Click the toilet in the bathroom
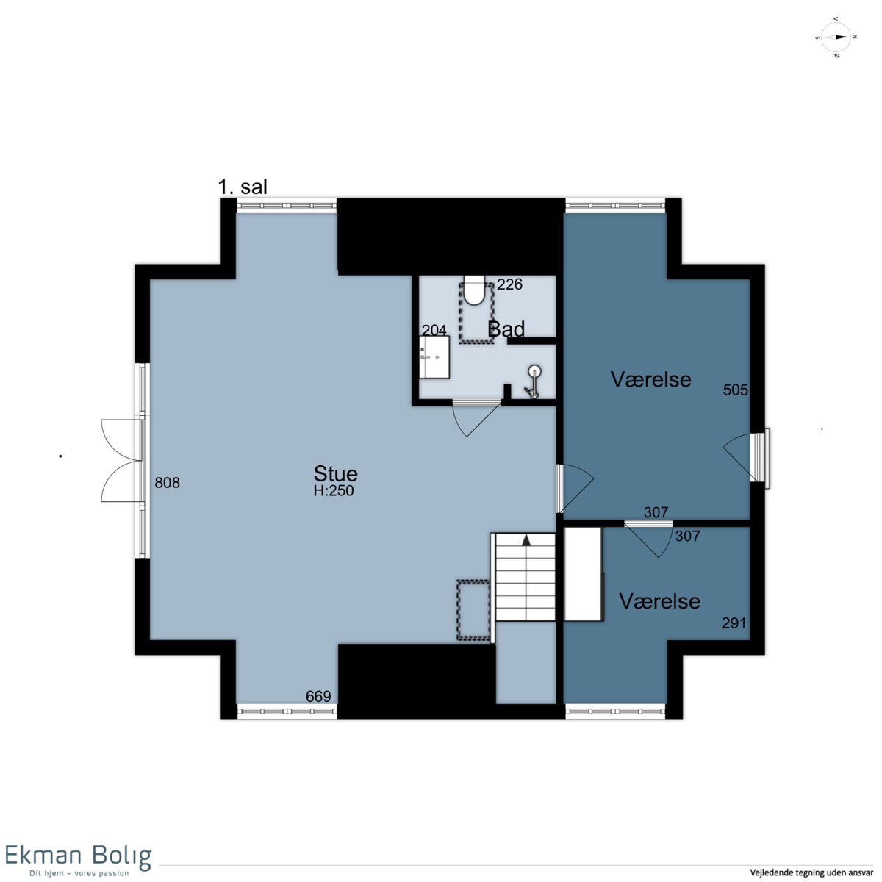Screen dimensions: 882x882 pos(474,290)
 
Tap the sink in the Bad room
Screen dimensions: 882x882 pos(434,357)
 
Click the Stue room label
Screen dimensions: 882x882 pos(335,473)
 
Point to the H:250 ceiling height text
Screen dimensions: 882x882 pos(334,491)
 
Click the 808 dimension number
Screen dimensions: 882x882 pos(167,482)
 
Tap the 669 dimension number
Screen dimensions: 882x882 pos(318,696)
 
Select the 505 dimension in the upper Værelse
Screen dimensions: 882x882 pos(735,390)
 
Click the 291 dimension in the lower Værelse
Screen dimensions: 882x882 pos(734,623)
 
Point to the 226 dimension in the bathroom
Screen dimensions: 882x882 pos(509,284)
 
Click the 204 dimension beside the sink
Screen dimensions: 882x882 pos(434,330)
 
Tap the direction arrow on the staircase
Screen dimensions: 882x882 pos(526,540)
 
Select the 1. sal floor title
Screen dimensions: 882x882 pos(243,187)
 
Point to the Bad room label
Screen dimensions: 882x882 pos(506,329)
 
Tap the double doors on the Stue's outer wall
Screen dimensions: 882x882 pos(121,460)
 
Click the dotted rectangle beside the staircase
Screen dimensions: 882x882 pos(473,610)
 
